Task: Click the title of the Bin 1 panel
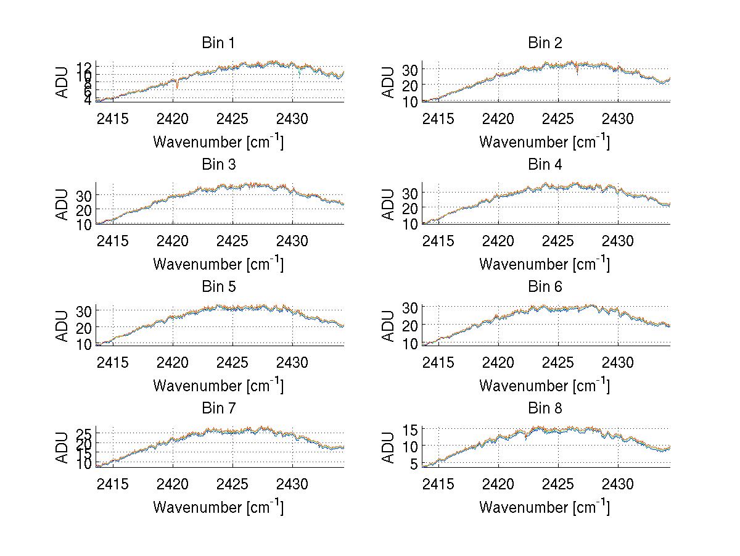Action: [x=218, y=43]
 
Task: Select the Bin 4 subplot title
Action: [x=545, y=165]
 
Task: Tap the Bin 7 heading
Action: [x=218, y=409]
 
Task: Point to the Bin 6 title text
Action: [x=545, y=287]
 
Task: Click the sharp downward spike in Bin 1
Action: [x=177, y=85]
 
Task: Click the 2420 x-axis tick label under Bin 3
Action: [x=173, y=241]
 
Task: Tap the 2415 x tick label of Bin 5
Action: [x=113, y=362]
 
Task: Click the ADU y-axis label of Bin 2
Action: [x=388, y=83]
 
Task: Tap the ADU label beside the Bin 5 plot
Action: [x=62, y=327]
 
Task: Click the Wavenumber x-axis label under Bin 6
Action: [x=545, y=386]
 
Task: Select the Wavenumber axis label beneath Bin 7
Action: [x=218, y=507]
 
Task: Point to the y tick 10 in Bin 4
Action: [x=411, y=224]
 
